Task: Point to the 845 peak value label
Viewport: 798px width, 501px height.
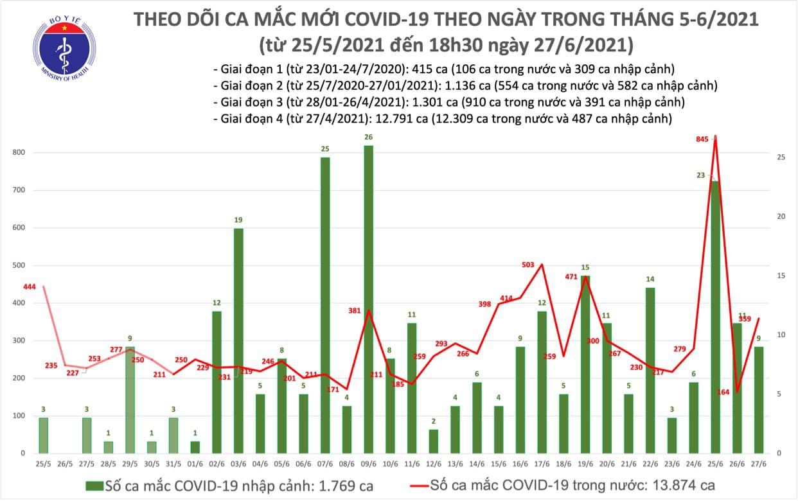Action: (696, 138)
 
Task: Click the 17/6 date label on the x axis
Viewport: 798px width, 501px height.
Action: (542, 464)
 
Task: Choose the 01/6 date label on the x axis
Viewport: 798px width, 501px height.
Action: (195, 464)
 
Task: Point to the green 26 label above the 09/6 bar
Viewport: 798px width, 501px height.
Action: (368, 137)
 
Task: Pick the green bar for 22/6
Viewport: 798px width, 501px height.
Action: (650, 370)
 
